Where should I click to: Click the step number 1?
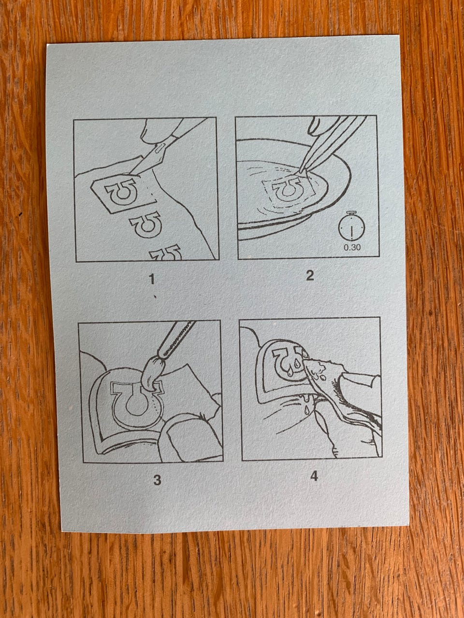pyautogui.click(x=152, y=279)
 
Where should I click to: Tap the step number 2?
pyautogui.click(x=310, y=276)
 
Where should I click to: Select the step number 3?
pyautogui.click(x=157, y=480)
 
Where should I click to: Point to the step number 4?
pyautogui.click(x=314, y=476)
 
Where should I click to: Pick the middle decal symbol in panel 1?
pyautogui.click(x=145, y=225)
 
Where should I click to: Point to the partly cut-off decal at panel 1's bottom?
pyautogui.click(x=166, y=253)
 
